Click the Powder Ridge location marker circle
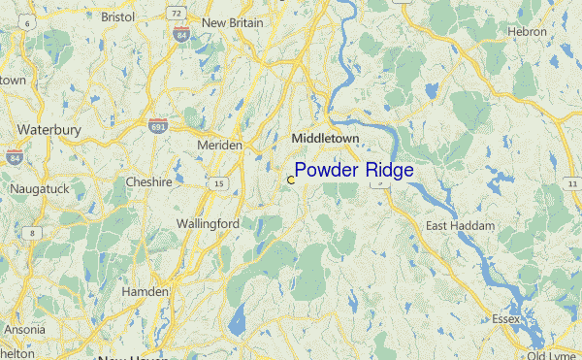tap(290, 180)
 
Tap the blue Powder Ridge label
tap(354, 171)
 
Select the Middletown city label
tap(325, 139)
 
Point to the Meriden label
tap(220, 145)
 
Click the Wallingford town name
tap(208, 223)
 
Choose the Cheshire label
tap(148, 181)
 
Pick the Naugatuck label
tap(39, 188)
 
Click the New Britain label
tap(232, 21)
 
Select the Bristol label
tap(117, 16)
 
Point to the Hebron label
tap(529, 32)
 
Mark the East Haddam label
tap(460, 225)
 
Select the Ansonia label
tap(24, 329)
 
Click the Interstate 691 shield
tap(158, 127)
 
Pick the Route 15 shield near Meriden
tap(219, 182)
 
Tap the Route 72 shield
tap(174, 13)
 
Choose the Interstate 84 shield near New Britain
tap(179, 33)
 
